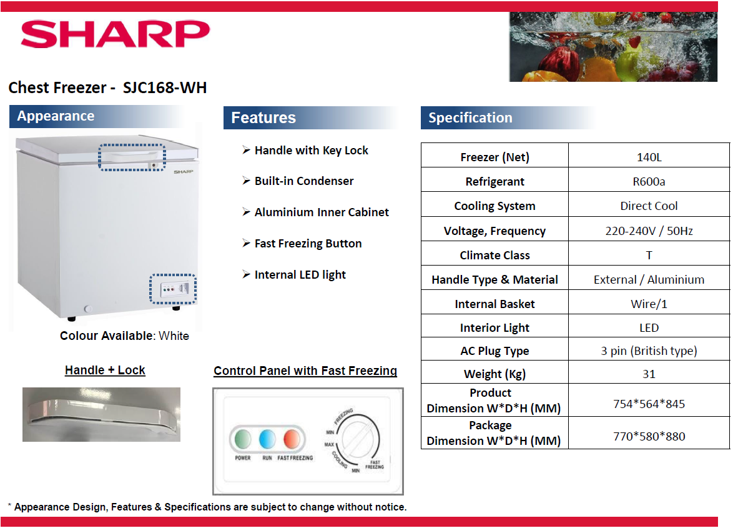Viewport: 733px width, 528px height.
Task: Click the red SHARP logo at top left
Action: (115, 34)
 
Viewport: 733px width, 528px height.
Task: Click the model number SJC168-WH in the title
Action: (165, 87)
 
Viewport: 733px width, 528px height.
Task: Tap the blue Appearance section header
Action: (56, 116)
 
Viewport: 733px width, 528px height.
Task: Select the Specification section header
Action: (470, 117)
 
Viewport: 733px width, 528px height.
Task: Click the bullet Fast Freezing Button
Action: (308, 244)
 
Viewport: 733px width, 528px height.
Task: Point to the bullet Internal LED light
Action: (300, 275)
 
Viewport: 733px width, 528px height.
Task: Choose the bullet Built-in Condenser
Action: (303, 181)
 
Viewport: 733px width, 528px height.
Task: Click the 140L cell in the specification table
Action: (649, 157)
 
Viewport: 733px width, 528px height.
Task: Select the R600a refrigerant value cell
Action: (649, 181)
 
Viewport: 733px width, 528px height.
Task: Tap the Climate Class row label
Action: (494, 255)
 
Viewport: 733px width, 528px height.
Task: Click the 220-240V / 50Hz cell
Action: (649, 231)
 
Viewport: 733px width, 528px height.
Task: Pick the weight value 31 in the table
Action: (649, 374)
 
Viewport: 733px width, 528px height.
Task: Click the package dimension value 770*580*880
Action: (649, 436)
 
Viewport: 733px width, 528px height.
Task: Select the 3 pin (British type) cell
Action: (649, 351)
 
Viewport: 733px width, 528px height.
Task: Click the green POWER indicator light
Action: (243, 439)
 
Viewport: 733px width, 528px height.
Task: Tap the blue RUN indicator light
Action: (267, 439)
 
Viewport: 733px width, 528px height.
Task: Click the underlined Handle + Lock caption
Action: (105, 371)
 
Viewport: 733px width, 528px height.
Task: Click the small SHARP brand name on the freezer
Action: (183, 171)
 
